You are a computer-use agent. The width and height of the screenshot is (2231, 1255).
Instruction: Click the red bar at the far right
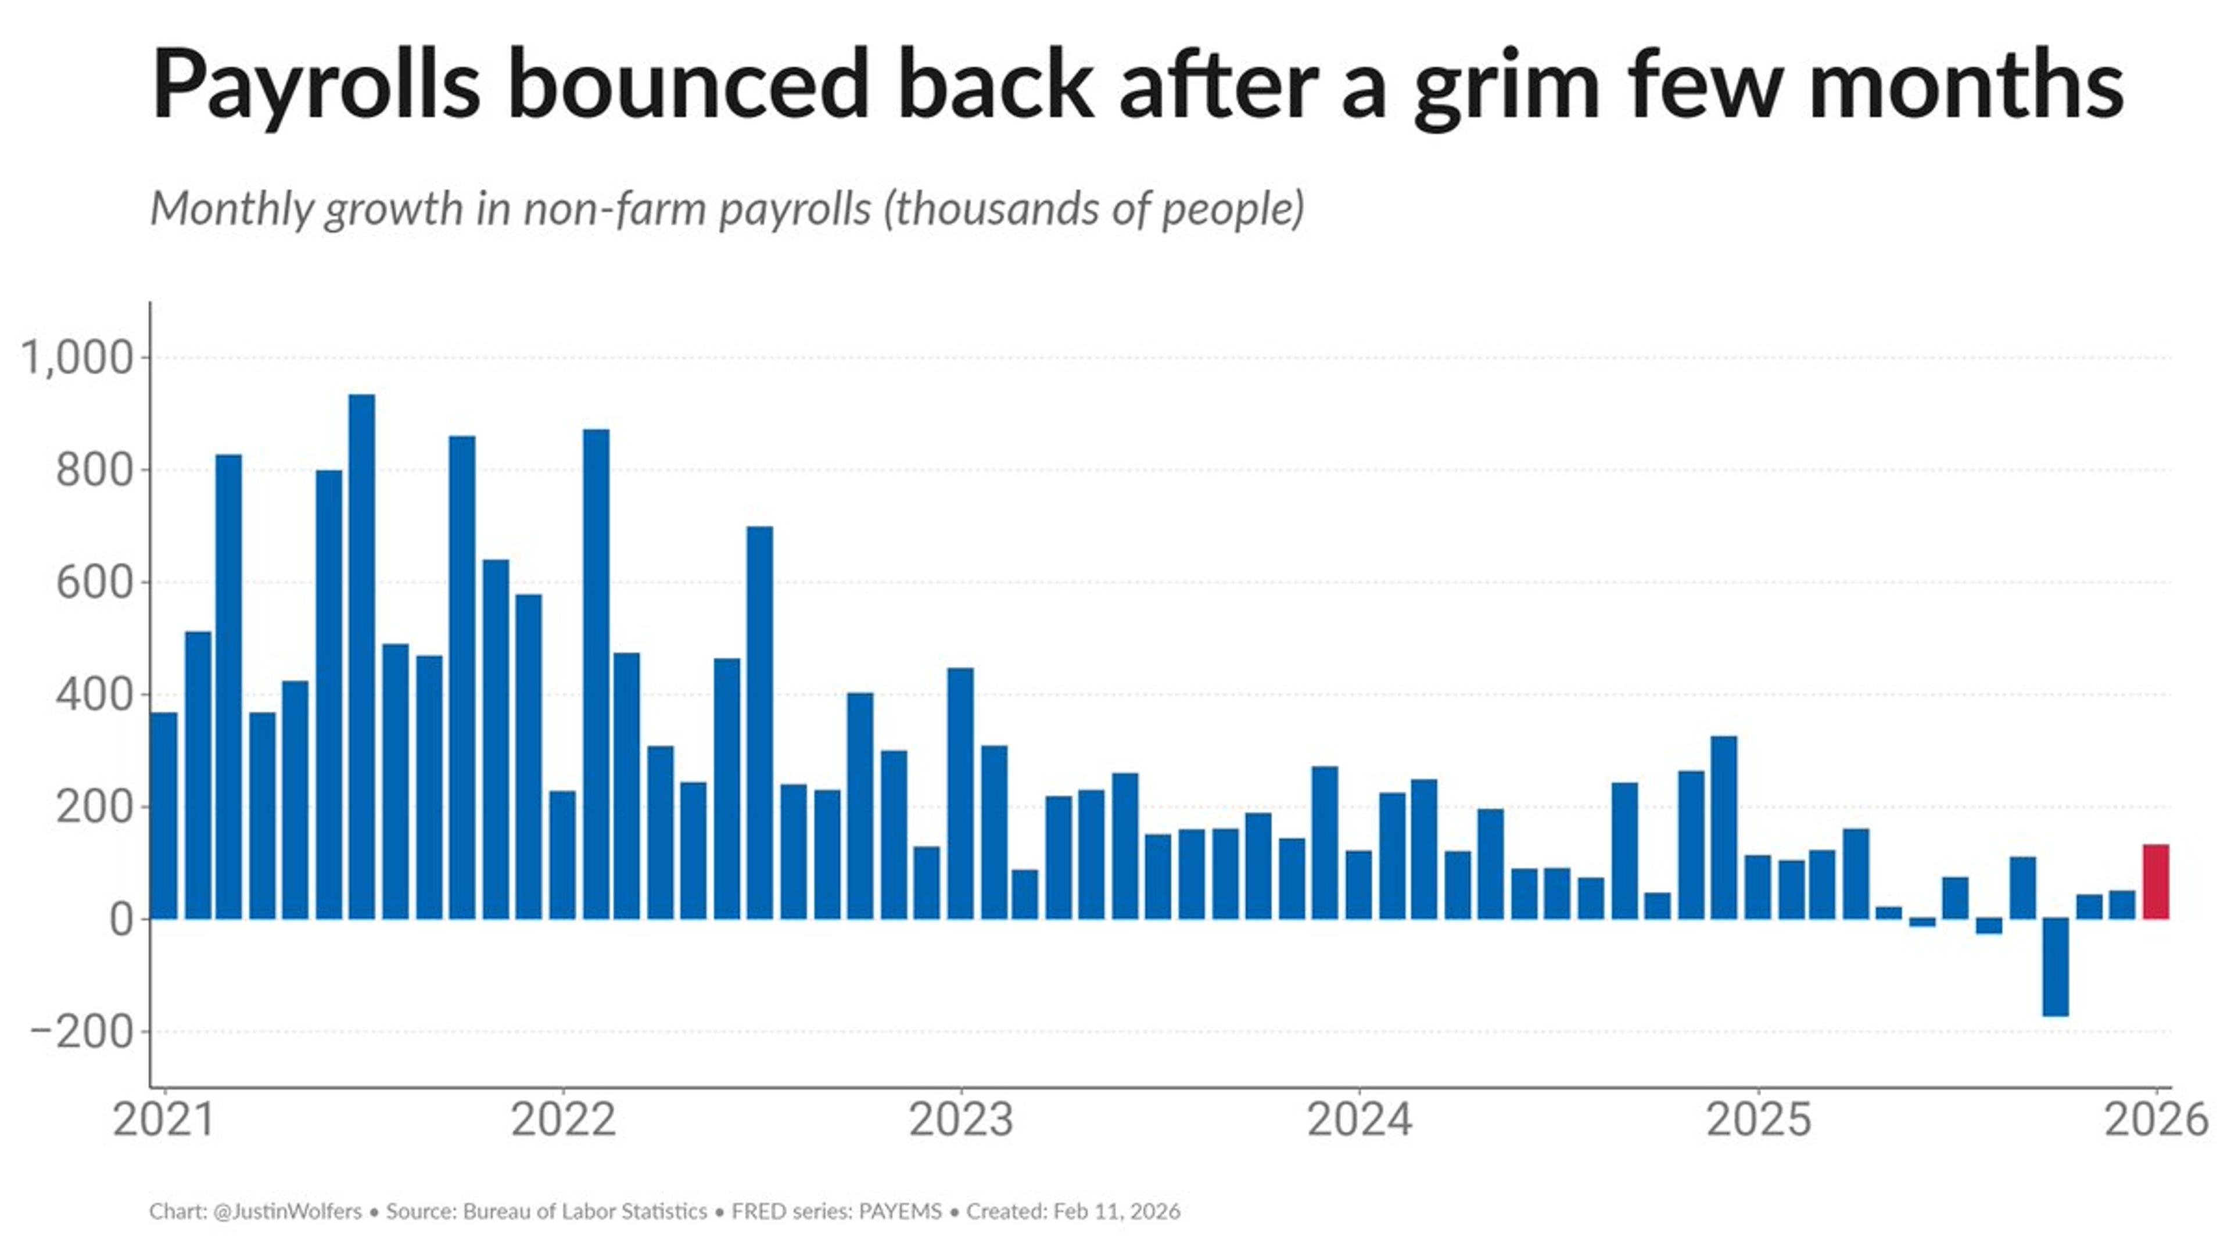2155,882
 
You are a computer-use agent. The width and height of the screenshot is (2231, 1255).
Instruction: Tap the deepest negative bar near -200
2055,967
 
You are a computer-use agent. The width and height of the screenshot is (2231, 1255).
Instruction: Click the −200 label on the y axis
83,1031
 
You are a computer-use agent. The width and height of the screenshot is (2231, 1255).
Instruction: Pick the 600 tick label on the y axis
94,582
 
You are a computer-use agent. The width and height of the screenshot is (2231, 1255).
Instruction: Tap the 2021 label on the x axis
164,1120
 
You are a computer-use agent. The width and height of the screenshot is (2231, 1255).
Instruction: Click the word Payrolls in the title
315,85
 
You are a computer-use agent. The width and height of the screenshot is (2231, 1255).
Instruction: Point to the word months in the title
1966,85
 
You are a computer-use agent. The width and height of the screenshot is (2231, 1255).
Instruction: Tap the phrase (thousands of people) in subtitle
1093,209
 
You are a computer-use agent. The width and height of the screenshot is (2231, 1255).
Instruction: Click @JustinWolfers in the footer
286,1211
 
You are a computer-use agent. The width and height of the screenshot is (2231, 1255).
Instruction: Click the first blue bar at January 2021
164,815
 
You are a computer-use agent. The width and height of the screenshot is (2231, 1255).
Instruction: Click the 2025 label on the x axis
1758,1120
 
